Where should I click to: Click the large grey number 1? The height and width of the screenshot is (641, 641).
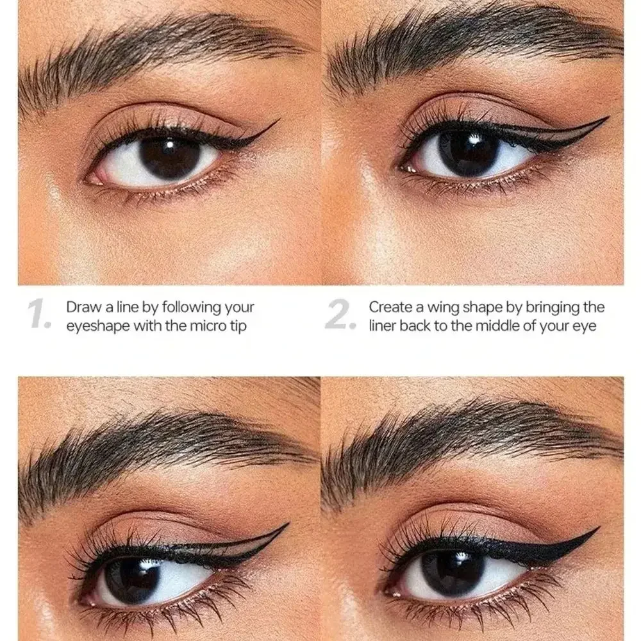(40, 315)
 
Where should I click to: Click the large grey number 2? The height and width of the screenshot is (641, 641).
(340, 315)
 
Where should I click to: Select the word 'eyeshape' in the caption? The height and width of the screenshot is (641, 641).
(97, 326)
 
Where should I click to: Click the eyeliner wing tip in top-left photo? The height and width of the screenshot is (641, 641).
(276, 122)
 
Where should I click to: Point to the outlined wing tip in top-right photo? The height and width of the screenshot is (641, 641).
(605, 118)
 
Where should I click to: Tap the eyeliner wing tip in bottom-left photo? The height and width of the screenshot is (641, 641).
(287, 526)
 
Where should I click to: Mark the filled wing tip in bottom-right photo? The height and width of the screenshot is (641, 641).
(597, 529)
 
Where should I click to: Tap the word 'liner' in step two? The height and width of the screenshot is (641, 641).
(383, 326)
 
